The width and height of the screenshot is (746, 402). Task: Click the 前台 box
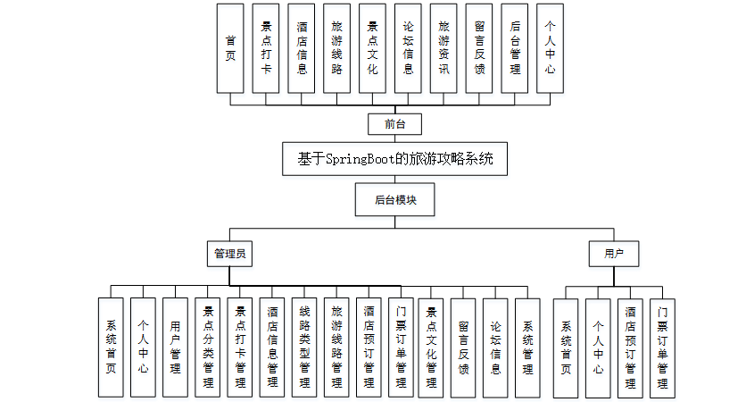(x=394, y=124)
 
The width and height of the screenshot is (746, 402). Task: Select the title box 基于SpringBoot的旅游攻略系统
(x=394, y=160)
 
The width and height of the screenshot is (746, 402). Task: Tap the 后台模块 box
(x=395, y=199)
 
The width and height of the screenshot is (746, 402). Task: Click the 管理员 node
(x=228, y=254)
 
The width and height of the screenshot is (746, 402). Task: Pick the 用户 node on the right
(x=614, y=254)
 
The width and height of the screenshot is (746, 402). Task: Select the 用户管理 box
(x=176, y=347)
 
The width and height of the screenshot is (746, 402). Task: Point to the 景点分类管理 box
(x=208, y=347)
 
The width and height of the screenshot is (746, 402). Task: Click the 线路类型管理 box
(x=304, y=347)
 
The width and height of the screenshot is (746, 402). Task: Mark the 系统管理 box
(x=527, y=347)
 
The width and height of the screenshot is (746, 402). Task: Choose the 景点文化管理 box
(x=431, y=347)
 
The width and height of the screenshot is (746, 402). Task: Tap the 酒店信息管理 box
(x=272, y=347)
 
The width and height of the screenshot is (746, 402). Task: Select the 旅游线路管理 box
(x=336, y=347)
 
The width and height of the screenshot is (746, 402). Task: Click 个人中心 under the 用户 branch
(x=598, y=348)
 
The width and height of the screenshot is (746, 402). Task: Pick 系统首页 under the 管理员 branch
(x=112, y=347)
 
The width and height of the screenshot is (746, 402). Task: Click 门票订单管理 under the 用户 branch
(x=662, y=348)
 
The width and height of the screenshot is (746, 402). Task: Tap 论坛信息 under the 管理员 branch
(x=495, y=347)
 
